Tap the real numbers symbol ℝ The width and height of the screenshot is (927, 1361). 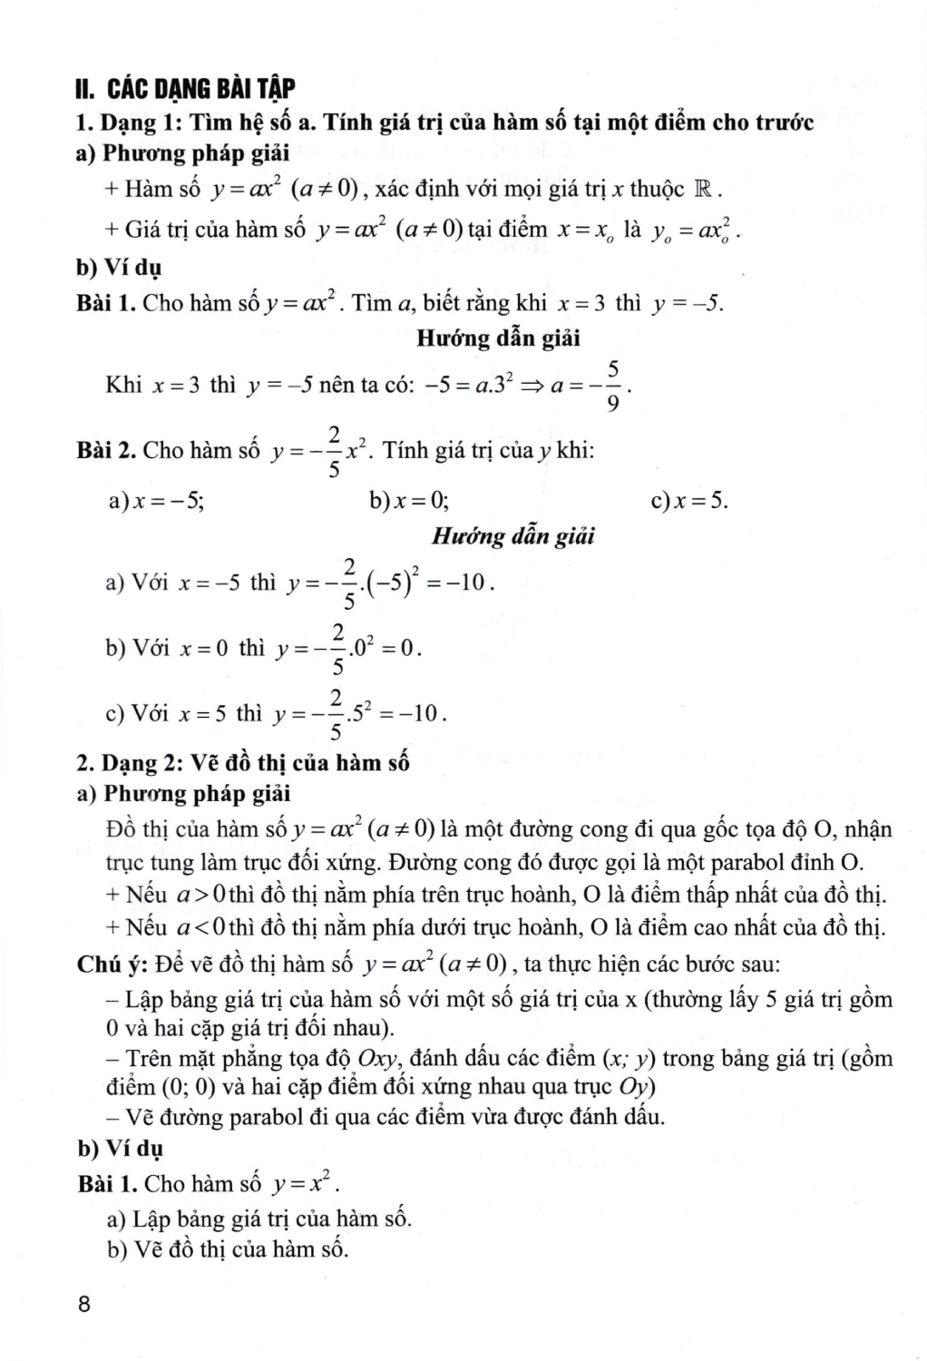coord(704,190)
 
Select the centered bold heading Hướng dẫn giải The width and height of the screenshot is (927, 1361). coord(498,338)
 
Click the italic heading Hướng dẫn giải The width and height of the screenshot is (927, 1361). coord(512,535)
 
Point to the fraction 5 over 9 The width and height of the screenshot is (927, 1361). coord(613,385)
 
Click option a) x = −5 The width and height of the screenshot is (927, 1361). coord(155,500)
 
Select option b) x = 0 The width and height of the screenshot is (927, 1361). coord(407,500)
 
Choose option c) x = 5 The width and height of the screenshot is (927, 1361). coord(689,500)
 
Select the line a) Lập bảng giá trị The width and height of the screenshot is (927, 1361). coord(259,1218)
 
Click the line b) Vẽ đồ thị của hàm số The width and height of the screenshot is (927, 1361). coord(227,1249)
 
